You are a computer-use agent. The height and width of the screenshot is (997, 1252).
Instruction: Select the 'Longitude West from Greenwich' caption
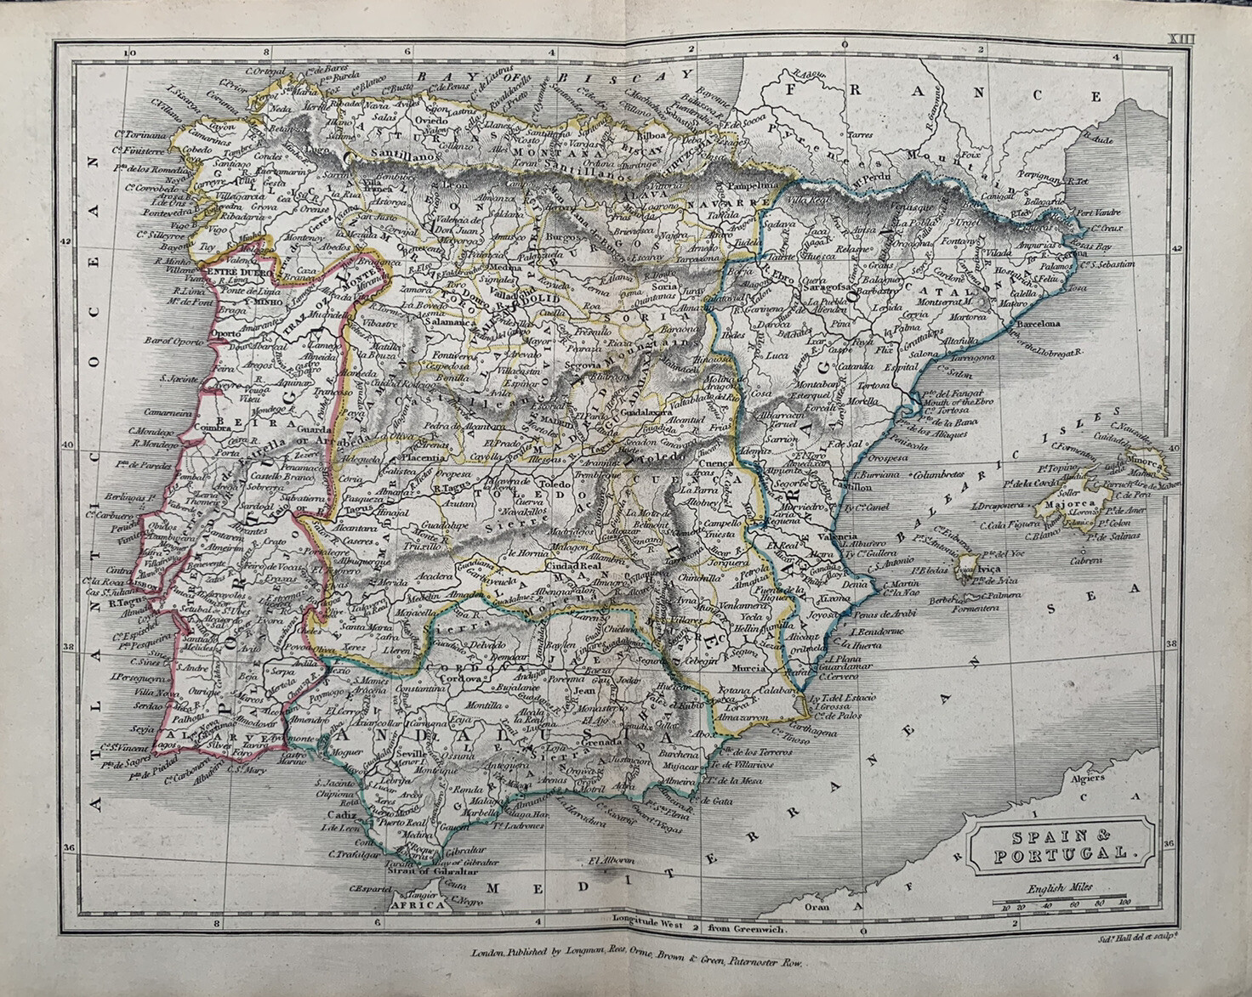700,929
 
